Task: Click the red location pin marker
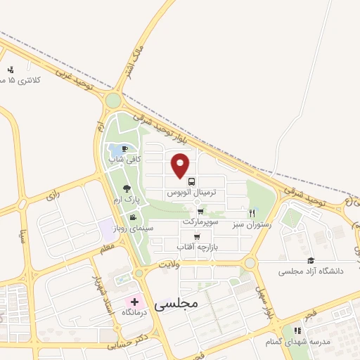[x=181, y=165]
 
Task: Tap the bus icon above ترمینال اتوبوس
[x=192, y=181]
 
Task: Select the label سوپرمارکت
[x=201, y=221]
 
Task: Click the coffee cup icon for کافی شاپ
[x=124, y=149]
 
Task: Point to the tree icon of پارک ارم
[x=127, y=188]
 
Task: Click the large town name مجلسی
[x=176, y=303]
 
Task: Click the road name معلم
[x=107, y=248]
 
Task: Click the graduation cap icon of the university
[x=311, y=260]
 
